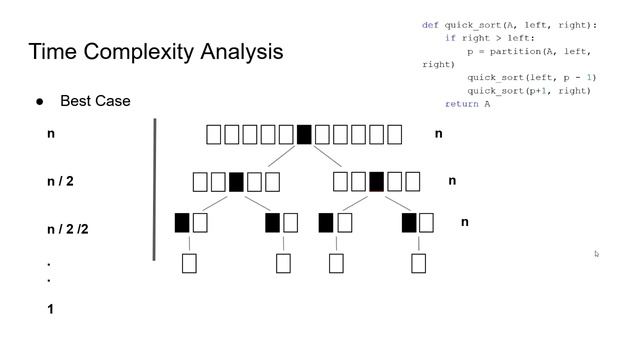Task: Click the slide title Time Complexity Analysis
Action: (x=156, y=52)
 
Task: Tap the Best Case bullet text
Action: (x=95, y=101)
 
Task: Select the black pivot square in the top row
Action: (x=304, y=134)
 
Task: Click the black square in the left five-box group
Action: (x=236, y=182)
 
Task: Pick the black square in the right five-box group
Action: (x=376, y=182)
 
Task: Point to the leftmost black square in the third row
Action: (x=182, y=222)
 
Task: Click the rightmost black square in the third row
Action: (x=409, y=222)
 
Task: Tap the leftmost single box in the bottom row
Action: (x=189, y=263)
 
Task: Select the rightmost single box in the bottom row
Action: (x=419, y=263)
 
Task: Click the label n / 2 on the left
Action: (x=60, y=182)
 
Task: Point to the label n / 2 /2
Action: (x=68, y=229)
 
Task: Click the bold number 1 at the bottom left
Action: (x=50, y=309)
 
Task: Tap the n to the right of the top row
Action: (x=439, y=133)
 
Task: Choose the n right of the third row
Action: (x=465, y=222)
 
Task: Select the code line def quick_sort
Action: (x=509, y=25)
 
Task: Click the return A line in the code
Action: (x=468, y=104)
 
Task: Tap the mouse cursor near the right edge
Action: (x=596, y=254)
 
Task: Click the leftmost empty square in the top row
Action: (x=214, y=134)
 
